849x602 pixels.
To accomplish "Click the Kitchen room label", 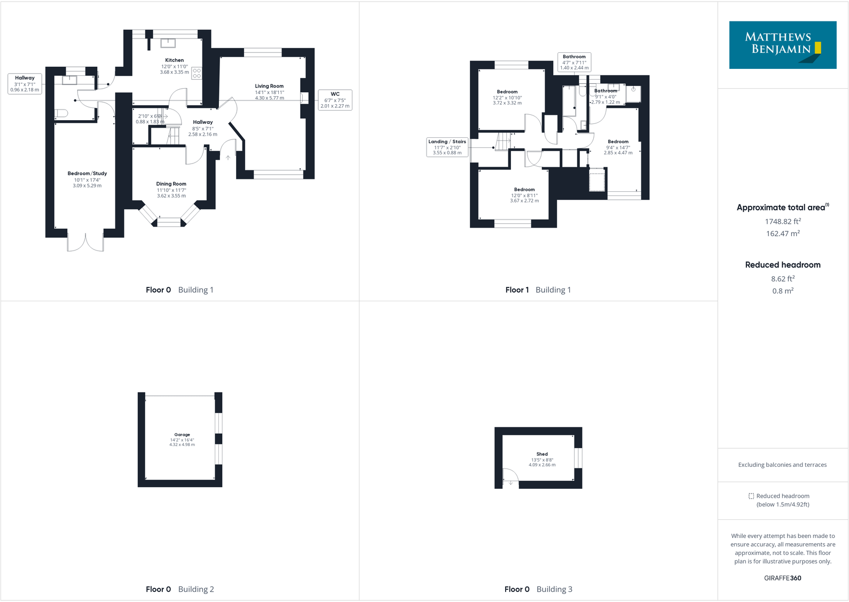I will tap(174, 60).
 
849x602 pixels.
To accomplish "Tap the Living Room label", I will tap(269, 86).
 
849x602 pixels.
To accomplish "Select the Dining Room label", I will tap(171, 184).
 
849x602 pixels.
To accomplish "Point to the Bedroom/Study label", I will tap(87, 174).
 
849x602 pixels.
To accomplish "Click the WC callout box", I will tap(335, 100).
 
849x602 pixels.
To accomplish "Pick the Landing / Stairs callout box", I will tap(447, 147).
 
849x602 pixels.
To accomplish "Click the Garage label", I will tap(182, 435).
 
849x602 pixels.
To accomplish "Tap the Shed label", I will tap(542, 454).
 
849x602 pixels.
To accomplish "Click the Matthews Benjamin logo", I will tap(783, 45).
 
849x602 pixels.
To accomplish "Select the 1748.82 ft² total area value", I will tap(783, 222).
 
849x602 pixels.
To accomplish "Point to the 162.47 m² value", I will tap(783, 234).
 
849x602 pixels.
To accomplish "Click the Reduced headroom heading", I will tap(783, 265).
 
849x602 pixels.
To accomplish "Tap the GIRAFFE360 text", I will tap(783, 578).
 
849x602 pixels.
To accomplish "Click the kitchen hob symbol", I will tap(196, 73).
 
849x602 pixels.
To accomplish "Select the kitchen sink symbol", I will tap(168, 43).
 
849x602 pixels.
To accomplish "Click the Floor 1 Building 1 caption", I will tap(538, 290).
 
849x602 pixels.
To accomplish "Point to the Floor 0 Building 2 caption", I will tap(180, 589).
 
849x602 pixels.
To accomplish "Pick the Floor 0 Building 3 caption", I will tap(538, 589).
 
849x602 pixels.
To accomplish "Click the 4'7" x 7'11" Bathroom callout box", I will tap(574, 62).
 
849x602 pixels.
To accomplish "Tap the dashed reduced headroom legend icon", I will tap(751, 496).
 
